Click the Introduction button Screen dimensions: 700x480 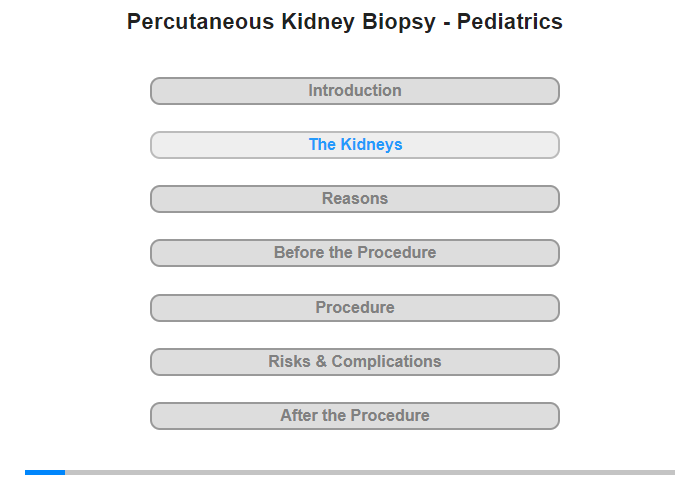(355, 91)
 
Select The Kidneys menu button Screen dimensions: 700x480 (355, 145)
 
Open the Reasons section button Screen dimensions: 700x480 (355, 199)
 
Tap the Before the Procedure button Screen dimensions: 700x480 (355, 253)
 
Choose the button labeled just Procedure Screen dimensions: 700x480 (355, 308)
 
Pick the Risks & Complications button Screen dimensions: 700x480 (355, 362)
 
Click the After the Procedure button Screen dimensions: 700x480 (355, 416)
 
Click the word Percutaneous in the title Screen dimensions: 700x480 (200, 21)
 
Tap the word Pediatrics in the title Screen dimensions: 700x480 (510, 21)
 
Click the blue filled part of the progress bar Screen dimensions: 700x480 (45, 472)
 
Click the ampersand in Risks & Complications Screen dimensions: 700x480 (321, 361)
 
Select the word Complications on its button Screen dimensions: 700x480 (386, 362)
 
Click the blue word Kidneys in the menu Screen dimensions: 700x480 (371, 145)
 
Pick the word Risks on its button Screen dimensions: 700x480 (289, 361)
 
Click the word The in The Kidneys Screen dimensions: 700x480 (322, 145)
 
